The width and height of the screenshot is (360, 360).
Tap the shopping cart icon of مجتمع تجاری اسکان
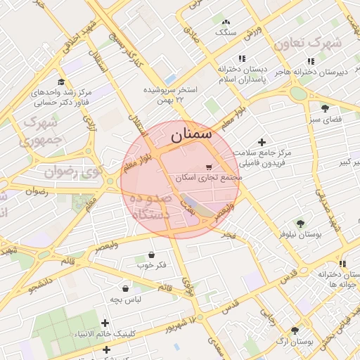tap(209, 167)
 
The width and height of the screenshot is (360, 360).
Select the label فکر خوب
tap(152, 265)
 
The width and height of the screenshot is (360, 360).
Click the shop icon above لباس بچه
tap(125, 288)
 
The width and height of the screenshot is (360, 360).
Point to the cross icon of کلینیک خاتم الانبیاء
tap(105, 322)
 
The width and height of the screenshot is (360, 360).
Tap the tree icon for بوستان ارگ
tap(294, 329)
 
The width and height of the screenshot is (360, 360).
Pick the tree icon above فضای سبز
tap(324, 108)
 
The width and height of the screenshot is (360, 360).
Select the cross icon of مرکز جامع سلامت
tap(263, 142)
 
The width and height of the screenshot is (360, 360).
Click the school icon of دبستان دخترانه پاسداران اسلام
tap(242, 59)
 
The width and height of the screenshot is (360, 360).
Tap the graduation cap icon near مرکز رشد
tap(61, 82)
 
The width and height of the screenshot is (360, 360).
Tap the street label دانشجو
tap(23, 288)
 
